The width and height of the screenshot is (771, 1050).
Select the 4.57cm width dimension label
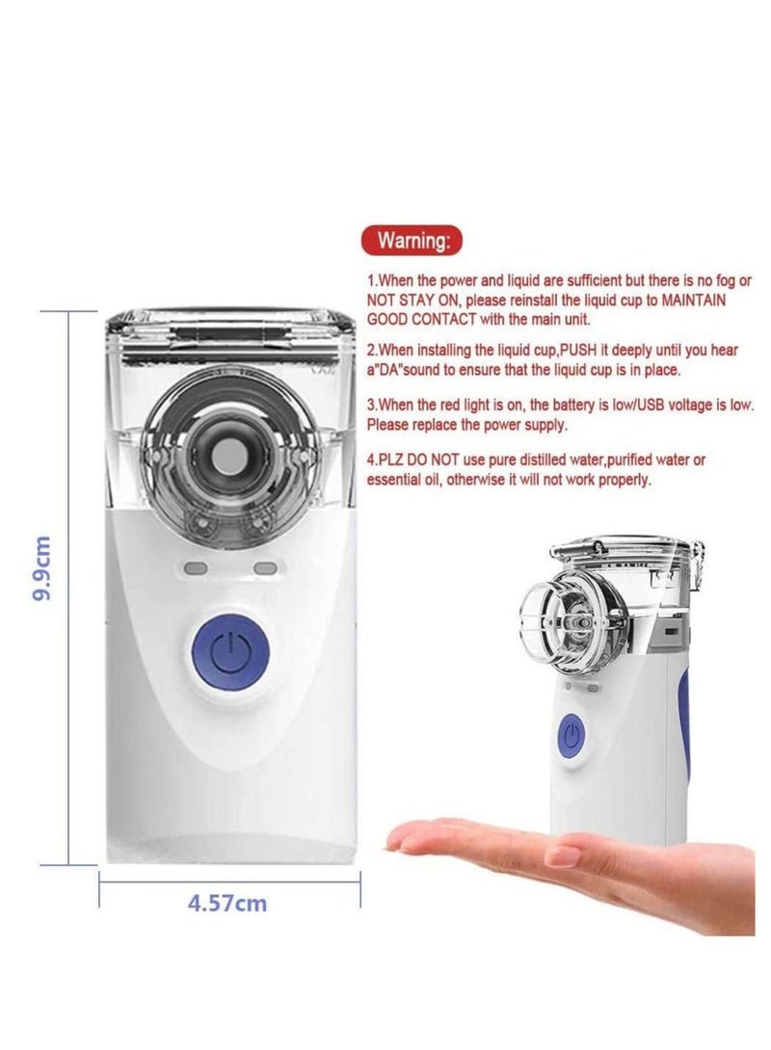227,904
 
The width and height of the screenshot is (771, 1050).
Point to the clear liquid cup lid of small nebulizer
623,554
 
